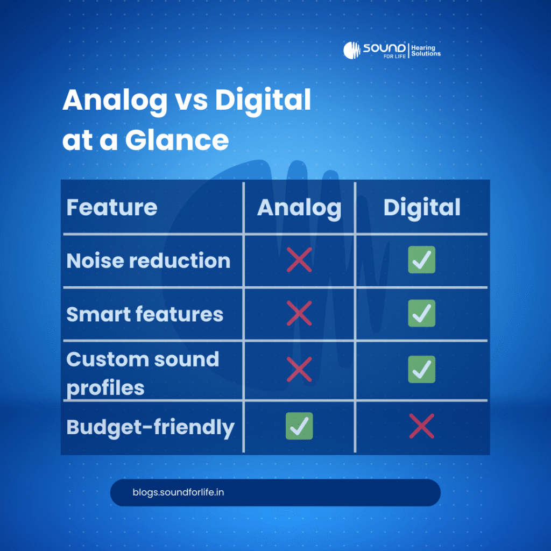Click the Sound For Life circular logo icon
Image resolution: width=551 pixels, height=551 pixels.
click(352, 50)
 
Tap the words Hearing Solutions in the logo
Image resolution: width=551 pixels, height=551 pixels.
click(426, 51)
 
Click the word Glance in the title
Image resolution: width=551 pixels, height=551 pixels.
click(177, 140)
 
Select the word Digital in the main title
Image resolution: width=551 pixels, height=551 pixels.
click(263, 100)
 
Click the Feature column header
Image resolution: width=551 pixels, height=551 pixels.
click(112, 207)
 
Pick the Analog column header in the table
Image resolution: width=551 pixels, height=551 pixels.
click(299, 208)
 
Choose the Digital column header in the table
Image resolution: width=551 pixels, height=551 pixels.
click(422, 208)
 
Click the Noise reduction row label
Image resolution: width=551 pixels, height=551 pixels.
click(149, 260)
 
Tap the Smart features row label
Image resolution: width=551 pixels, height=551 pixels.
click(145, 314)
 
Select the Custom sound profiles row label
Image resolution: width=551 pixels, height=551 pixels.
click(143, 372)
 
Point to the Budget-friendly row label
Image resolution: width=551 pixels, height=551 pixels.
click(151, 427)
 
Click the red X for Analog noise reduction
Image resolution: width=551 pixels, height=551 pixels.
click(299, 260)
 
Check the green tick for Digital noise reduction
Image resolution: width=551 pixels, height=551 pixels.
click(421, 260)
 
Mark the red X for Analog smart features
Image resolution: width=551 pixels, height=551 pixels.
click(299, 314)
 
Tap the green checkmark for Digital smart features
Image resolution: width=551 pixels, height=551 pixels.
click(421, 314)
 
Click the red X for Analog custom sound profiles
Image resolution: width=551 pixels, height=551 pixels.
click(299, 370)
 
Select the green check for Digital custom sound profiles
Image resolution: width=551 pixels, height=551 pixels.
click(421, 370)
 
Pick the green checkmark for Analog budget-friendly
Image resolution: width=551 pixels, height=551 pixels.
click(299, 426)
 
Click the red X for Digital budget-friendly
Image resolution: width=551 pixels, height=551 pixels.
click(421, 426)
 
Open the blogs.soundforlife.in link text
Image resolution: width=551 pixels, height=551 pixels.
click(178, 492)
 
